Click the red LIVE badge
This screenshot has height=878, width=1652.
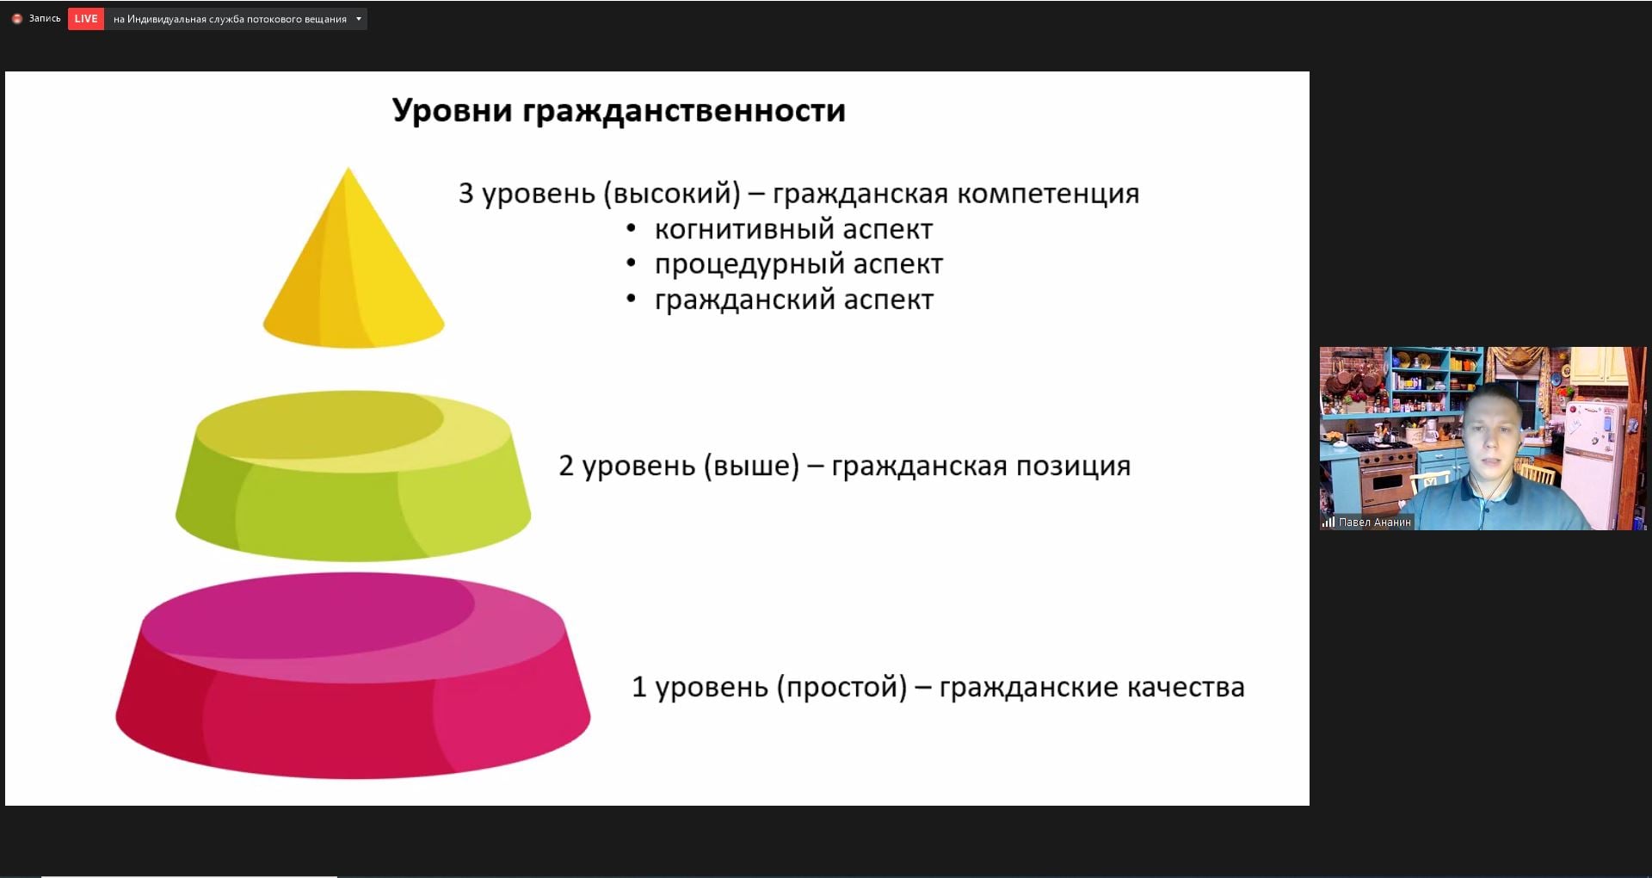[x=86, y=19]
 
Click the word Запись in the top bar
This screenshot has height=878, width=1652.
[x=45, y=18]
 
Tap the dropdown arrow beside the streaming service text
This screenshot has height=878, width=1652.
[x=359, y=19]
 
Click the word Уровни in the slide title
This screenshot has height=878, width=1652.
[x=452, y=111]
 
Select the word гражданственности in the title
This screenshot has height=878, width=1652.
[x=684, y=111]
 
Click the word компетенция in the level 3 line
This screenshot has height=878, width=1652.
[x=1048, y=194]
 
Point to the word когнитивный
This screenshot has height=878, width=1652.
[x=744, y=230]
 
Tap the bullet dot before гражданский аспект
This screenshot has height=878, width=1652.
[x=632, y=300]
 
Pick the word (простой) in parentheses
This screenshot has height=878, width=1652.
[x=842, y=688]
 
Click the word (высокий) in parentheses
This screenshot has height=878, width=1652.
[x=672, y=194]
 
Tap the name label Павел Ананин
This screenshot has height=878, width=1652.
[x=1375, y=522]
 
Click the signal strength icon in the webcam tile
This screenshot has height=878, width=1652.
[x=1328, y=522]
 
